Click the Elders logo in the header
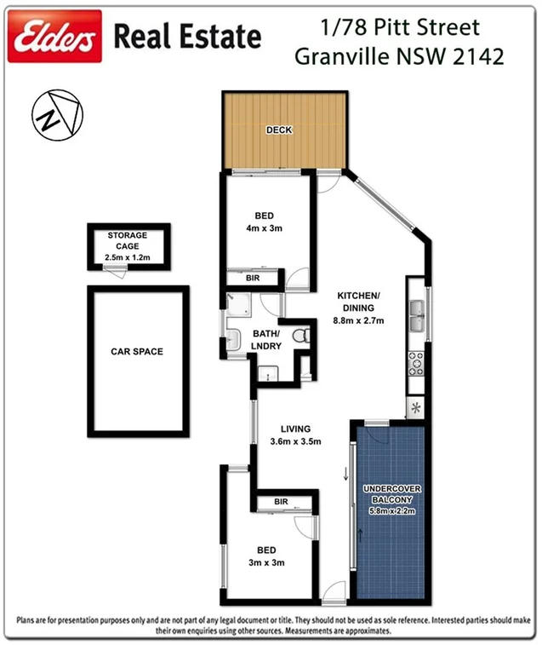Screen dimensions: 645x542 tap(54, 37)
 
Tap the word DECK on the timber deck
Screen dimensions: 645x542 tap(279, 130)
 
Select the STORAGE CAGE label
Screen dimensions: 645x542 tap(127, 240)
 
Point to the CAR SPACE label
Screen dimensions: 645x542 tap(136, 351)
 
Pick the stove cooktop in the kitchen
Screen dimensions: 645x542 tap(416, 365)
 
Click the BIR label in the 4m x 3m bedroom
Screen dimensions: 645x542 tap(253, 279)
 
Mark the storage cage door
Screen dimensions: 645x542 tap(114, 270)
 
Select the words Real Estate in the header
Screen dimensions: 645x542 tap(187, 37)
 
